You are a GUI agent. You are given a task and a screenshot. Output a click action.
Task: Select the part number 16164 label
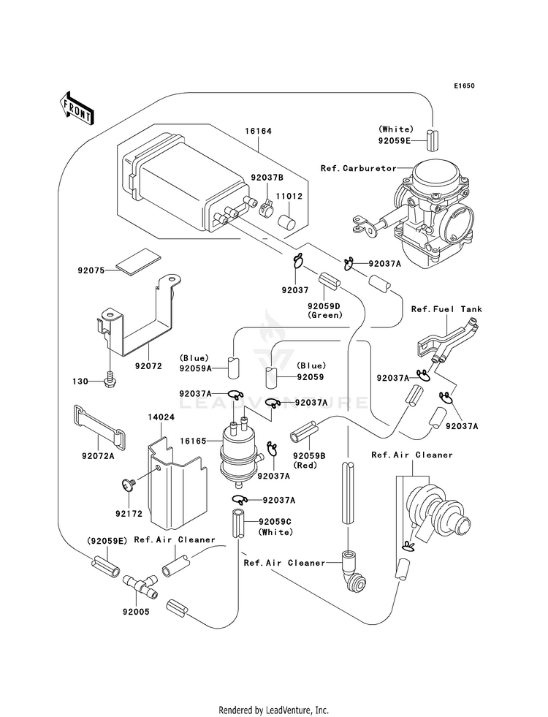(x=258, y=132)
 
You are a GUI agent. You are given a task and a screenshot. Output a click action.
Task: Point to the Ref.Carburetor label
(x=359, y=168)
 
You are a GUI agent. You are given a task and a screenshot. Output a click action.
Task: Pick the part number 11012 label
(x=289, y=196)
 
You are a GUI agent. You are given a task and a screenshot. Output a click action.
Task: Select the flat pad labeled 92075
(x=139, y=262)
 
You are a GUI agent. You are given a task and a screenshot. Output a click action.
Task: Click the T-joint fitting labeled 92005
(x=140, y=585)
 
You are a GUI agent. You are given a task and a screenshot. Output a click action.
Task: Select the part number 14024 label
(x=161, y=417)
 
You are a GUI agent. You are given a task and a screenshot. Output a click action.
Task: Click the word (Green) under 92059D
(x=324, y=315)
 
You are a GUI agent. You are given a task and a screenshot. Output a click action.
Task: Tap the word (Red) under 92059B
(x=309, y=465)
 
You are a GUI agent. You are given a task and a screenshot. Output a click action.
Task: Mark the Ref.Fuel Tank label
(x=446, y=309)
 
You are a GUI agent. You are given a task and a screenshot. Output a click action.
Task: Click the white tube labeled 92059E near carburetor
(x=433, y=140)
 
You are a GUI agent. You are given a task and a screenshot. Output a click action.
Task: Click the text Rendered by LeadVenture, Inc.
(x=274, y=710)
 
